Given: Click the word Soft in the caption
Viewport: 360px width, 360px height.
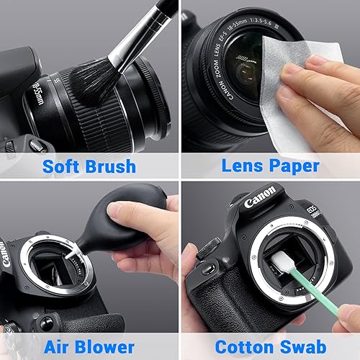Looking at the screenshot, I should (61, 166).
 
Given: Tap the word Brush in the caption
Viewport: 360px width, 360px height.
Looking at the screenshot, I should (109, 166).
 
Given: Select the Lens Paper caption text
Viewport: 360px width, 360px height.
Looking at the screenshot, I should (270, 166).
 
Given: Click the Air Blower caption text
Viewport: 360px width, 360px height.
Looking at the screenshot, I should (89, 346).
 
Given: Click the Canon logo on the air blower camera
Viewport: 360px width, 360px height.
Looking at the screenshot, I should (6, 256).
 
